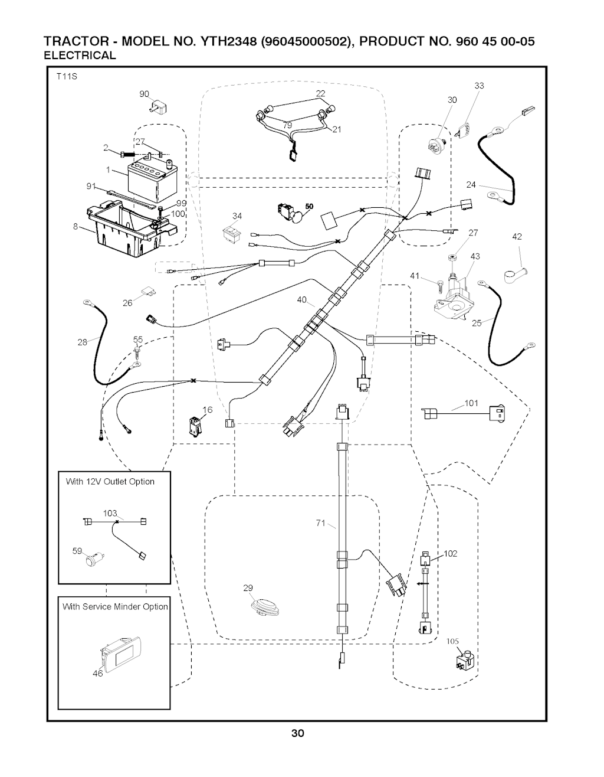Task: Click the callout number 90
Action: [144, 94]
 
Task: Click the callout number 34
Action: [237, 216]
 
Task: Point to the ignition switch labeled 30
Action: [438, 142]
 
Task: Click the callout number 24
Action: [471, 185]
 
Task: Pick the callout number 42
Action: [517, 237]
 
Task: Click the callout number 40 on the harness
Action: [302, 300]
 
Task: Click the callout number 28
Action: [83, 341]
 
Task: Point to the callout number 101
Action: [471, 403]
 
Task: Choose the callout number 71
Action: [321, 523]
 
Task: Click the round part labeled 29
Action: [264, 606]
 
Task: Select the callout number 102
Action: [451, 553]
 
